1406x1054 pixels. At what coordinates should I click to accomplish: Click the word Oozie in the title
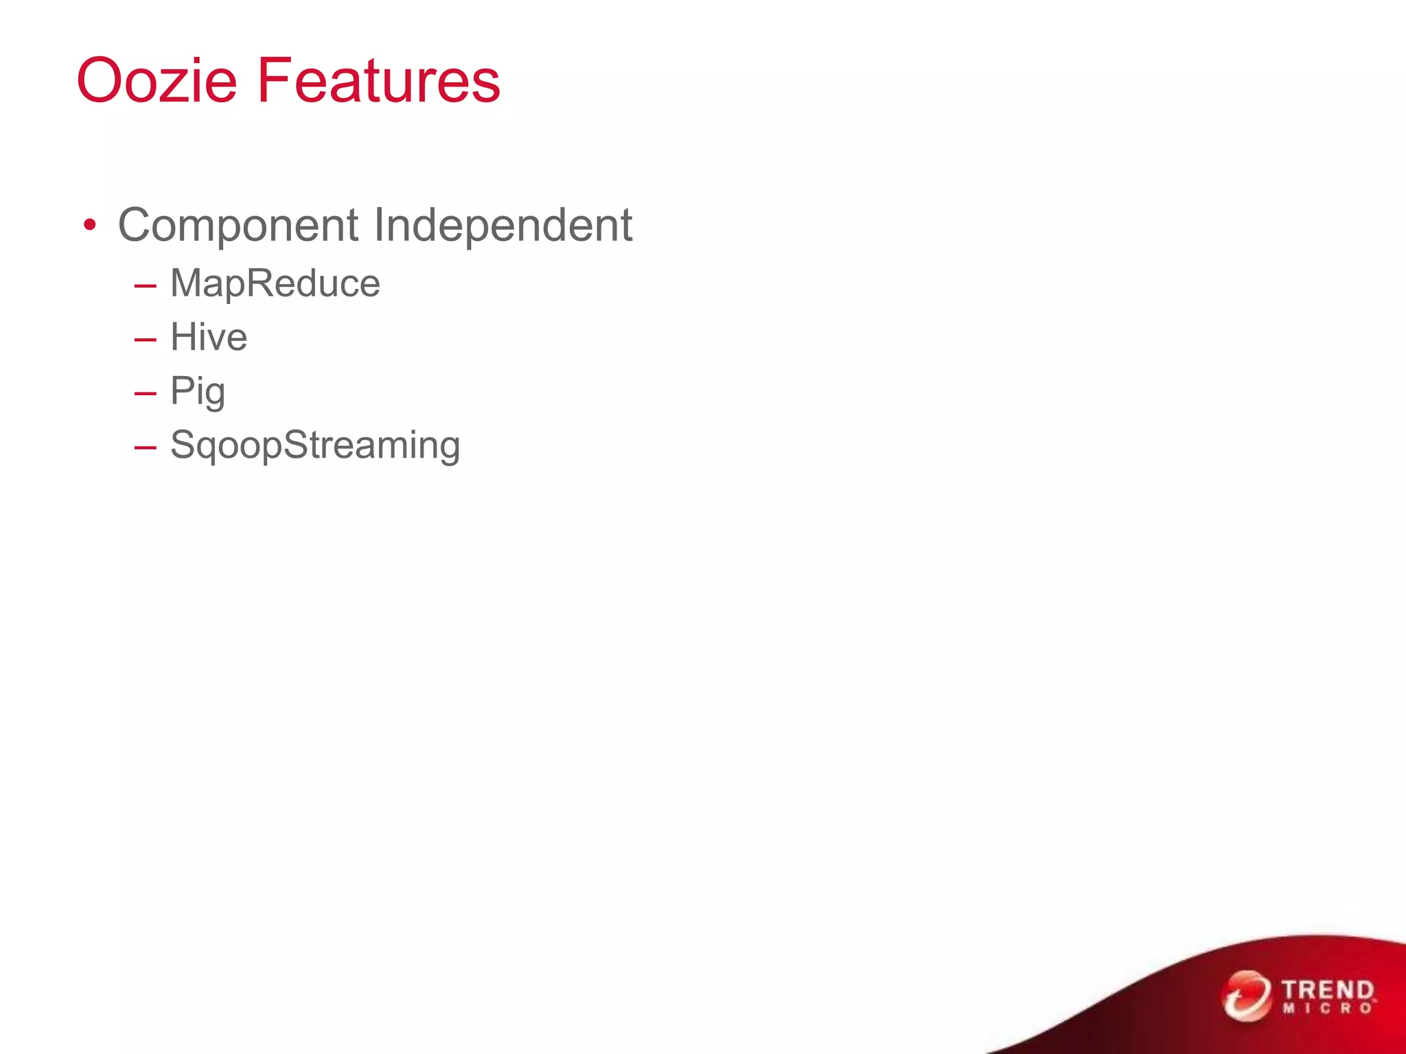point(157,81)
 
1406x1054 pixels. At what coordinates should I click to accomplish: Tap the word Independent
point(503,226)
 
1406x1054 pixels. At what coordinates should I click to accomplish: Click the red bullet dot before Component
point(89,225)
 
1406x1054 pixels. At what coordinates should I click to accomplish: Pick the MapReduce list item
point(275,283)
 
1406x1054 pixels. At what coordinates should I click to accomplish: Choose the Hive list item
point(209,338)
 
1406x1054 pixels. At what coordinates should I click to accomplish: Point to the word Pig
point(198,392)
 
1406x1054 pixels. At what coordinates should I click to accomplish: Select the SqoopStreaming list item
point(315,445)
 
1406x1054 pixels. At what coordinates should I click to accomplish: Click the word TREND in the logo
point(1327,990)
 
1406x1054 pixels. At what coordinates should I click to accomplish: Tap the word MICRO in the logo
point(1327,1009)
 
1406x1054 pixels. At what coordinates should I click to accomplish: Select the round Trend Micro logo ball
point(1245,996)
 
